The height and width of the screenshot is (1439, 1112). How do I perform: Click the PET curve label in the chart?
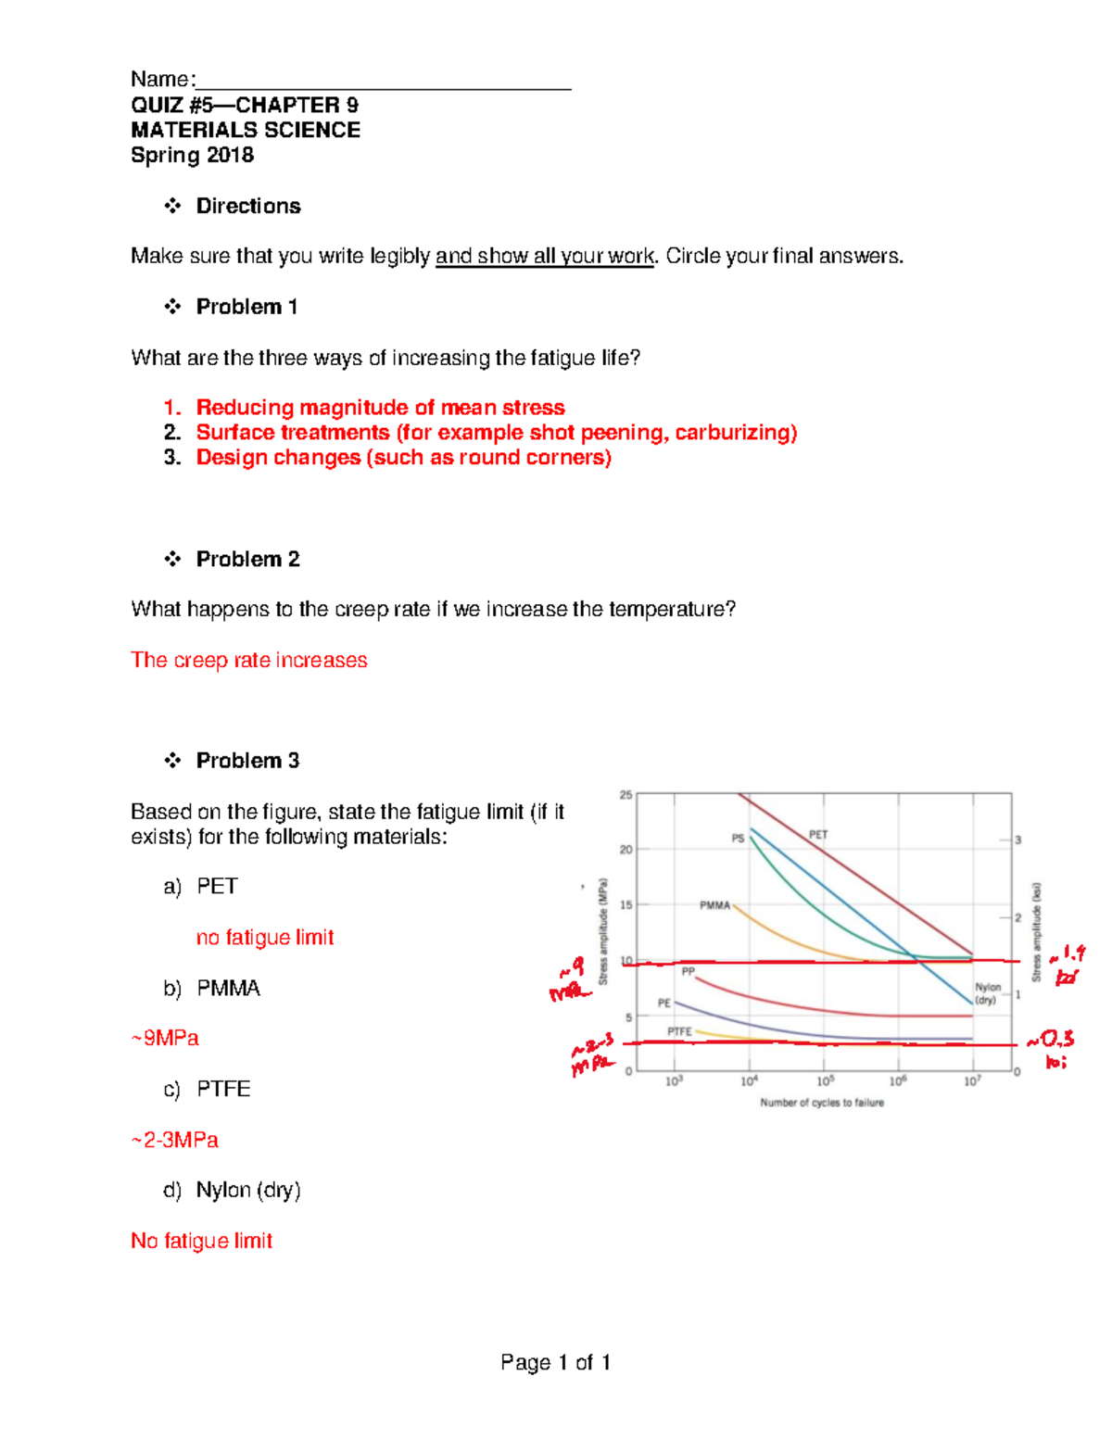click(818, 834)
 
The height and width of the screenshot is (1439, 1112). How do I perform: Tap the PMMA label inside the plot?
click(714, 905)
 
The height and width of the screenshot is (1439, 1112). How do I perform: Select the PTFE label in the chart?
click(679, 1031)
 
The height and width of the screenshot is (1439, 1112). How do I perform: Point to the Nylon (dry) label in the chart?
click(988, 993)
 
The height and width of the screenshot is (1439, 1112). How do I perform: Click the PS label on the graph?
click(738, 838)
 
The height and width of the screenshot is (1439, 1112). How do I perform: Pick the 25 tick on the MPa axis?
click(625, 795)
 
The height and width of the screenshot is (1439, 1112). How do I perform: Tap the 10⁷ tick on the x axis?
click(971, 1081)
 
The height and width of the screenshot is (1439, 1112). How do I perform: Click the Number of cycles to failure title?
click(822, 1103)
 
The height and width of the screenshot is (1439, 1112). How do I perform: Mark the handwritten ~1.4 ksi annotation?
click(1068, 964)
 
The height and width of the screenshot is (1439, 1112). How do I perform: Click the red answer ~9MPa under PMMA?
click(165, 1038)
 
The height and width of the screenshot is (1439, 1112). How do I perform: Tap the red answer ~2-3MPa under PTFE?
click(175, 1140)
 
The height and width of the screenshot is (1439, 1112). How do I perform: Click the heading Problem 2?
click(247, 559)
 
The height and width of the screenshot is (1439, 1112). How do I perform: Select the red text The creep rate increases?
click(249, 660)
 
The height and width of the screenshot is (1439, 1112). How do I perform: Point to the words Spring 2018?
click(192, 155)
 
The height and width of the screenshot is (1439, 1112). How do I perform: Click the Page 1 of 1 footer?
click(555, 1362)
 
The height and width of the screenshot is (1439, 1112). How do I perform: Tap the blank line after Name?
click(384, 82)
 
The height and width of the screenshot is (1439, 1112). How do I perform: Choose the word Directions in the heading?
click(248, 206)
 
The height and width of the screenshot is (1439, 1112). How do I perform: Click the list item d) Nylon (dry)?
click(233, 1190)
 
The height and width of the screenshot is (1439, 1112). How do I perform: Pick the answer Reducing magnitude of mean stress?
click(380, 408)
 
